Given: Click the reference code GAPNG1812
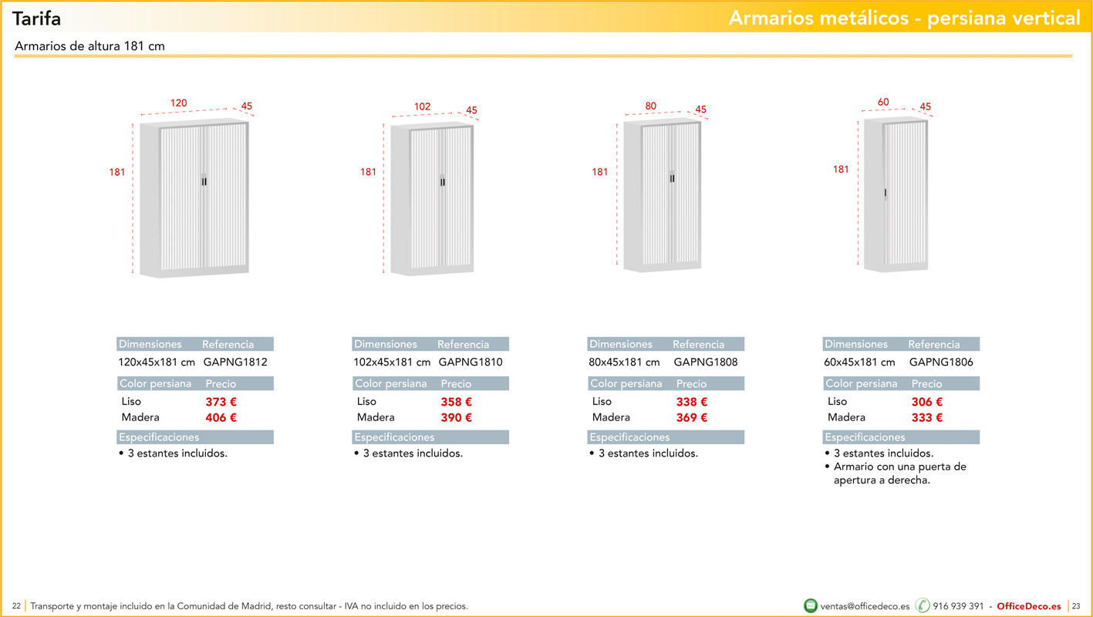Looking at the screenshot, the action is click(x=235, y=362).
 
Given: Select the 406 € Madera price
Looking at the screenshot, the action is click(x=221, y=417).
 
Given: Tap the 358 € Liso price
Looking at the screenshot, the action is click(x=456, y=402).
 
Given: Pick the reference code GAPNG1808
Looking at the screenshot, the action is click(x=706, y=362).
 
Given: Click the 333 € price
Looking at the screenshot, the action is click(x=927, y=417).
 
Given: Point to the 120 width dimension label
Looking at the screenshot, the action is click(x=179, y=103).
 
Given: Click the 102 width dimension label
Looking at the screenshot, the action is click(x=423, y=106).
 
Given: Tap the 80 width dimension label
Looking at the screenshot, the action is click(x=651, y=106).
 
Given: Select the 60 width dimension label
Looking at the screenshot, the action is click(x=883, y=102).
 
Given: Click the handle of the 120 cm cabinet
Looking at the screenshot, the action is click(x=204, y=180).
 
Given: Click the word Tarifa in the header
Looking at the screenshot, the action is click(x=36, y=19).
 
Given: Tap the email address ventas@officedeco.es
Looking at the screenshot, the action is click(x=865, y=606).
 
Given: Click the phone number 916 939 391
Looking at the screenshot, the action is click(x=958, y=606).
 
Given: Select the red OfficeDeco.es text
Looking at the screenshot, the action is click(x=1028, y=606).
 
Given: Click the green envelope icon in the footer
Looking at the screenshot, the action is click(x=811, y=605).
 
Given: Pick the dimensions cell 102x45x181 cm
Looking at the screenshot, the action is click(x=392, y=362).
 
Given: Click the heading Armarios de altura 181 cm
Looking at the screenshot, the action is click(x=89, y=46).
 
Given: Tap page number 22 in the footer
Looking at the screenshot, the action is click(x=17, y=606).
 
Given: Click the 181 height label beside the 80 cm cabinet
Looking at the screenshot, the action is click(x=599, y=172).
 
